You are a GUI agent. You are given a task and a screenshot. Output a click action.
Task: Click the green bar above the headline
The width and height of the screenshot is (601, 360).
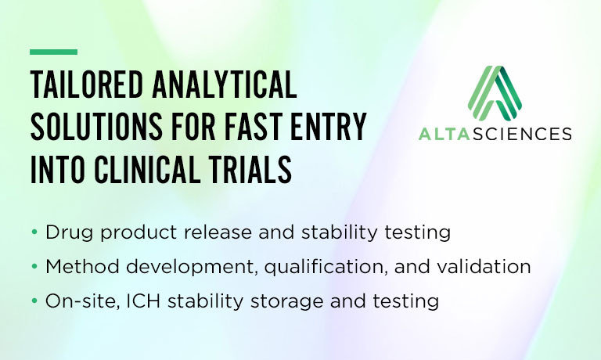(54, 52)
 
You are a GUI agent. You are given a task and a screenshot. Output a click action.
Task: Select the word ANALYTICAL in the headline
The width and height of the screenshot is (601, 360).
(225, 85)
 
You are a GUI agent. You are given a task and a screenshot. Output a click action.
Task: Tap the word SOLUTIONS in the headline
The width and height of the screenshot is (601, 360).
(96, 126)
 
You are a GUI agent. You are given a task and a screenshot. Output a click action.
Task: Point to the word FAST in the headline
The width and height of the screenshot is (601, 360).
(254, 126)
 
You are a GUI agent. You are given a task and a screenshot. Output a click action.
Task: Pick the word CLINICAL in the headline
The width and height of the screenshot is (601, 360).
(147, 169)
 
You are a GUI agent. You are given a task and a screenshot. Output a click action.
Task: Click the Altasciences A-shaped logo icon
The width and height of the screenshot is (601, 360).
(495, 92)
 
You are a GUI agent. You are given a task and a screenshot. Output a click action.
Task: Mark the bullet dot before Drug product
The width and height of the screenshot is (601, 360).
(34, 232)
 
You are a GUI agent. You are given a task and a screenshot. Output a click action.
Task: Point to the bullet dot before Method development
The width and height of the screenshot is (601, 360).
(34, 266)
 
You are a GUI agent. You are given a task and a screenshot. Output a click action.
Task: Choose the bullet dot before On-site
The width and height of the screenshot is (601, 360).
(34, 301)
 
